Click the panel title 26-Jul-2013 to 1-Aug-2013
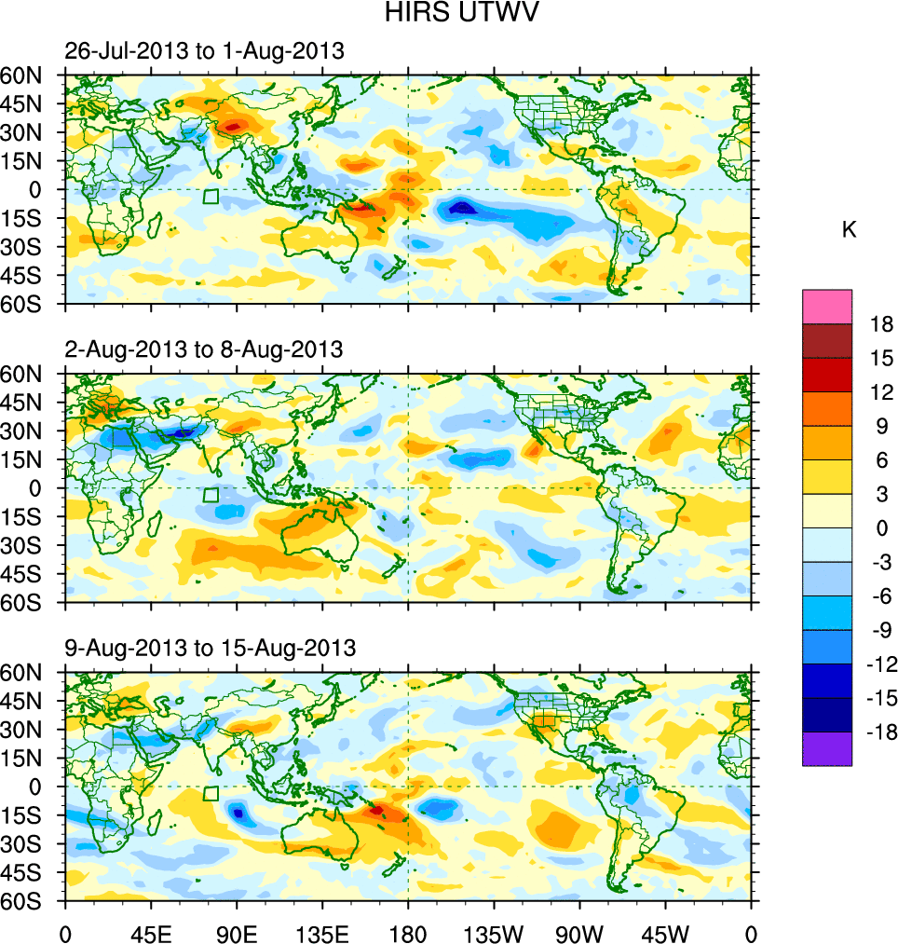click(x=204, y=51)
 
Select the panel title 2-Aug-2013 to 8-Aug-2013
click(x=204, y=349)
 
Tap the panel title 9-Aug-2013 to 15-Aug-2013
click(x=210, y=648)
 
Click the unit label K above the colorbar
click(x=850, y=230)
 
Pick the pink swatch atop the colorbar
click(x=827, y=306)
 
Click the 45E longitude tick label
click(x=151, y=933)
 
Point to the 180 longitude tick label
click(x=408, y=933)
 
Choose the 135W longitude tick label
click(x=494, y=933)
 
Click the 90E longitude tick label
click(x=237, y=933)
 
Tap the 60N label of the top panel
click(x=32, y=75)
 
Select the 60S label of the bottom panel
click(x=32, y=902)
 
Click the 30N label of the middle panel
click(x=32, y=431)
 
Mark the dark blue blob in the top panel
click(x=463, y=208)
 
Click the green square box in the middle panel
click(x=211, y=495)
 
